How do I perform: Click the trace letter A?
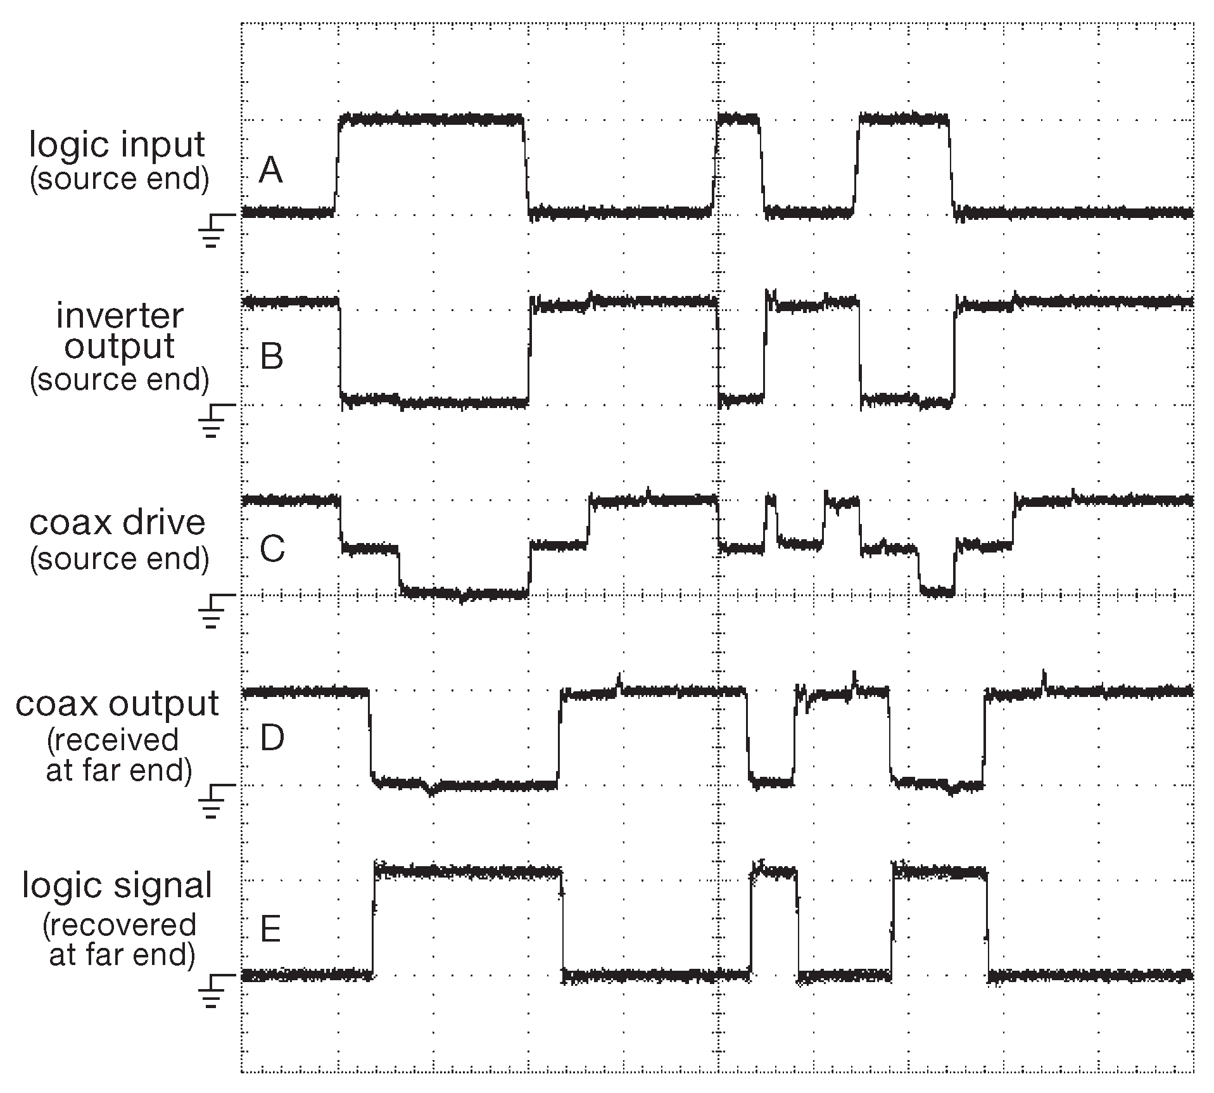[270, 170]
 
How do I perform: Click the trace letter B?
[272, 356]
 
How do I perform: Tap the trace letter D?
[272, 739]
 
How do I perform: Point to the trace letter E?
[270, 930]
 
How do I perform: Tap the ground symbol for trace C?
[214, 609]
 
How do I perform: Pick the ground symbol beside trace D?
[214, 799]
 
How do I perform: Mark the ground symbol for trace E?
[214, 990]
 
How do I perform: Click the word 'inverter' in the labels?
[120, 316]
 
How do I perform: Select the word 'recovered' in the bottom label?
[120, 925]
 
